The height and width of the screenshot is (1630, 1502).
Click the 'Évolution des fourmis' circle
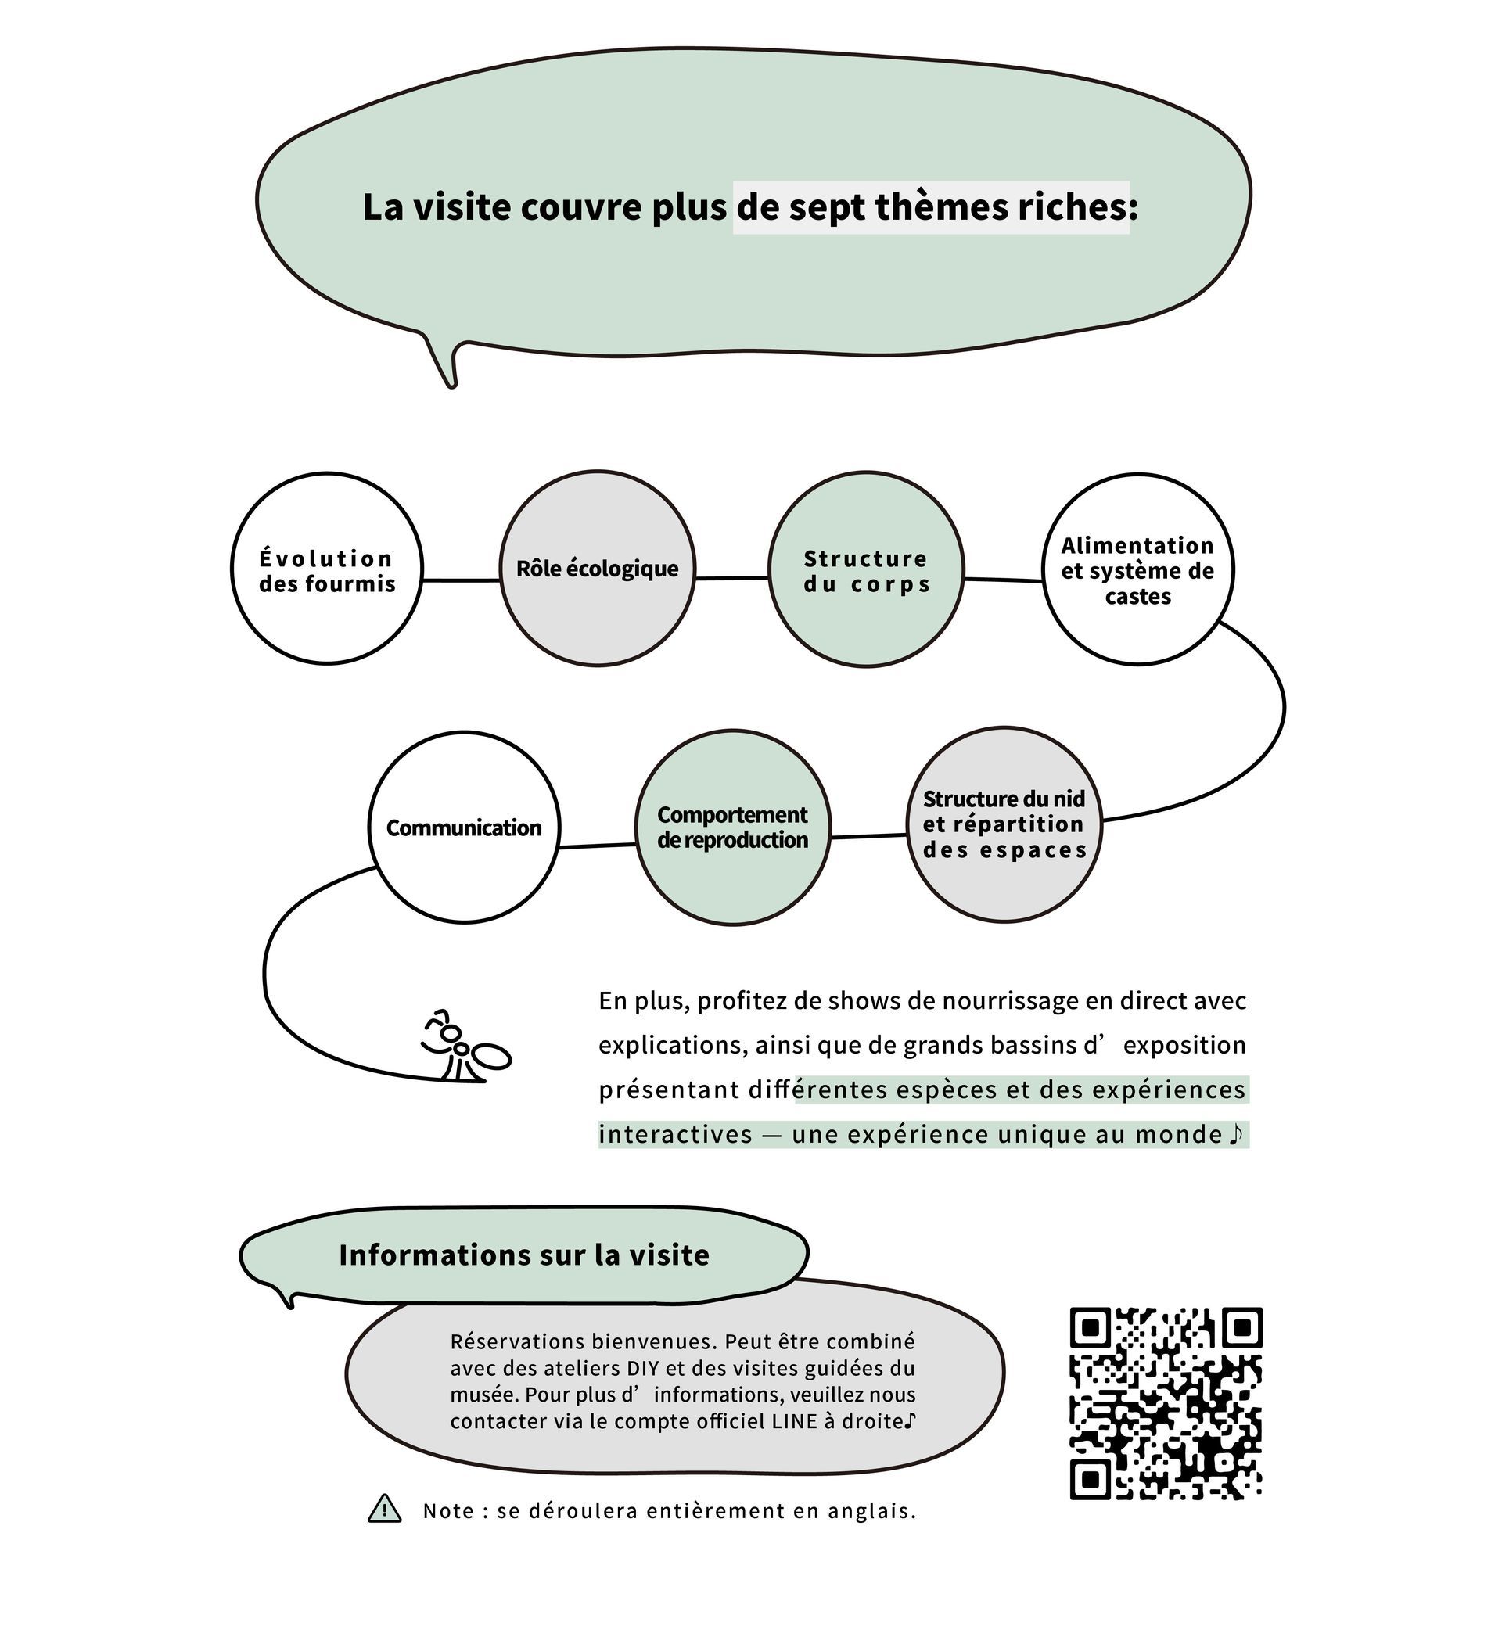point(327,569)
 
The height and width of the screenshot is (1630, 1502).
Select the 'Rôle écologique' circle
point(598,569)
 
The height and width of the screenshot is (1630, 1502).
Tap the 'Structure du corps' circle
point(867,569)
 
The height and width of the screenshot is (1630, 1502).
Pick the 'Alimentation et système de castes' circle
point(1137,569)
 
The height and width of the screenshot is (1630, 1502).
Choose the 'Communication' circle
point(464,828)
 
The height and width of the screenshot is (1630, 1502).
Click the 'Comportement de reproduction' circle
point(732,828)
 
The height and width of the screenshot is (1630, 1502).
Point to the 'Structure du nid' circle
point(1004,824)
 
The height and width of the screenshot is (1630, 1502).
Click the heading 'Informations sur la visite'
point(524,1255)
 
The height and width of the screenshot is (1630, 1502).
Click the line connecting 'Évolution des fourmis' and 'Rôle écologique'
point(461,580)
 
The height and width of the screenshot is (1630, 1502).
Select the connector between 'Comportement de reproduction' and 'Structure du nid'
point(868,836)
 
